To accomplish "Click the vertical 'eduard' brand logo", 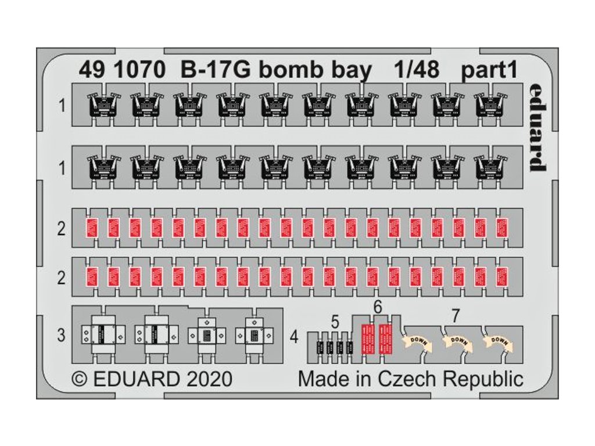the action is tap(537, 127).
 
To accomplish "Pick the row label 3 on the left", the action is tap(62, 335).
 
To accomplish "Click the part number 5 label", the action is tap(335, 321).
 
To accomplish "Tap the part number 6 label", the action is tap(378, 308).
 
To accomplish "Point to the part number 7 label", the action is tap(456, 316).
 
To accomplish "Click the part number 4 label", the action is tap(295, 336).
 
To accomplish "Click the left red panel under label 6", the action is tap(367, 338).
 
